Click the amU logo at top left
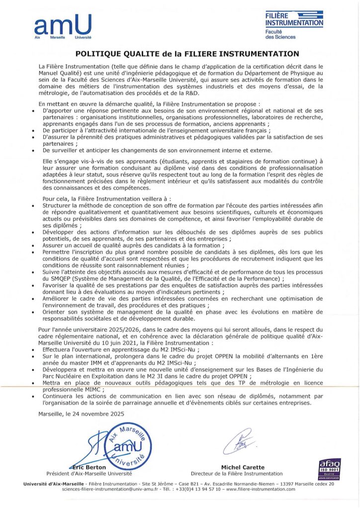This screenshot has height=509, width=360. click(63, 26)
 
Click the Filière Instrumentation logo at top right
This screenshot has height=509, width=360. click(294, 25)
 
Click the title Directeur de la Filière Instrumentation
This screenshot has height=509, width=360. click(236, 474)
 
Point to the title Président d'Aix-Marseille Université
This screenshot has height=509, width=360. click(89, 474)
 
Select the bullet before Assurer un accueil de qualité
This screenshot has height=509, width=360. click(33, 246)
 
